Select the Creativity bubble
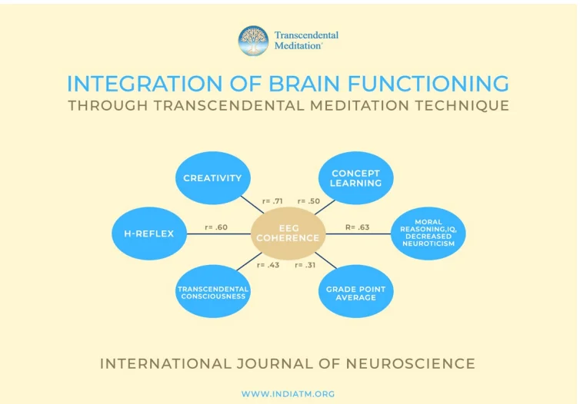pyautogui.click(x=212, y=178)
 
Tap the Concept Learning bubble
pyautogui.click(x=355, y=178)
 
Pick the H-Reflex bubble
pyautogui.click(x=148, y=233)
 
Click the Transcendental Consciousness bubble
pyautogui.click(x=212, y=292)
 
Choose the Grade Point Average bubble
pyautogui.click(x=355, y=292)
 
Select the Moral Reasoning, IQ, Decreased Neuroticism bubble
pyautogui.click(x=428, y=233)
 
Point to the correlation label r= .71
pyautogui.click(x=272, y=201)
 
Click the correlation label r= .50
pyautogui.click(x=308, y=201)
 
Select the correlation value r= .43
pyautogui.click(x=268, y=265)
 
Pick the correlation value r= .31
pyautogui.click(x=305, y=265)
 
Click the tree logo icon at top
pyautogui.click(x=253, y=41)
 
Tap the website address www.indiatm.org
pyautogui.click(x=288, y=394)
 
